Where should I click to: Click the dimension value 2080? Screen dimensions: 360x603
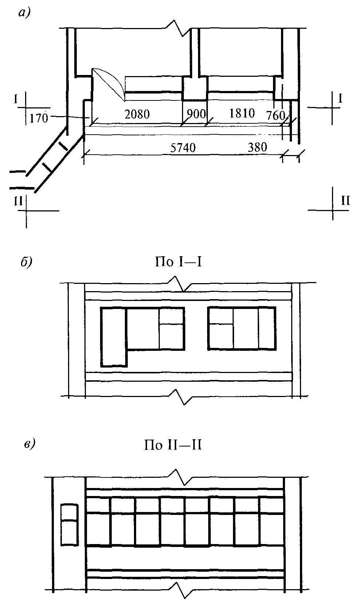(x=137, y=114)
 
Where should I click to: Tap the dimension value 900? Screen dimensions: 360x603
(x=196, y=114)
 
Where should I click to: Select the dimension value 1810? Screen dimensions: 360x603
(x=242, y=113)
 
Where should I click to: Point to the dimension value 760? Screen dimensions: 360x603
(x=276, y=116)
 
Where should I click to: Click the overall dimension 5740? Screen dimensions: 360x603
(x=183, y=148)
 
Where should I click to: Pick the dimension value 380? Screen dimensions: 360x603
(x=257, y=147)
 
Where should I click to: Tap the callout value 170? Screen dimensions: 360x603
(x=39, y=118)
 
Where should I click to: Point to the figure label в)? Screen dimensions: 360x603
(x=29, y=445)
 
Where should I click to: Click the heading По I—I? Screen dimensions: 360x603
(x=178, y=262)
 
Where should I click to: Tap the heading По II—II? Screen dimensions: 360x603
(x=173, y=445)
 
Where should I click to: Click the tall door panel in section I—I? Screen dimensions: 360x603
(x=114, y=337)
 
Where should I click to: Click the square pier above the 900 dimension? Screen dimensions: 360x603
(x=195, y=88)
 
